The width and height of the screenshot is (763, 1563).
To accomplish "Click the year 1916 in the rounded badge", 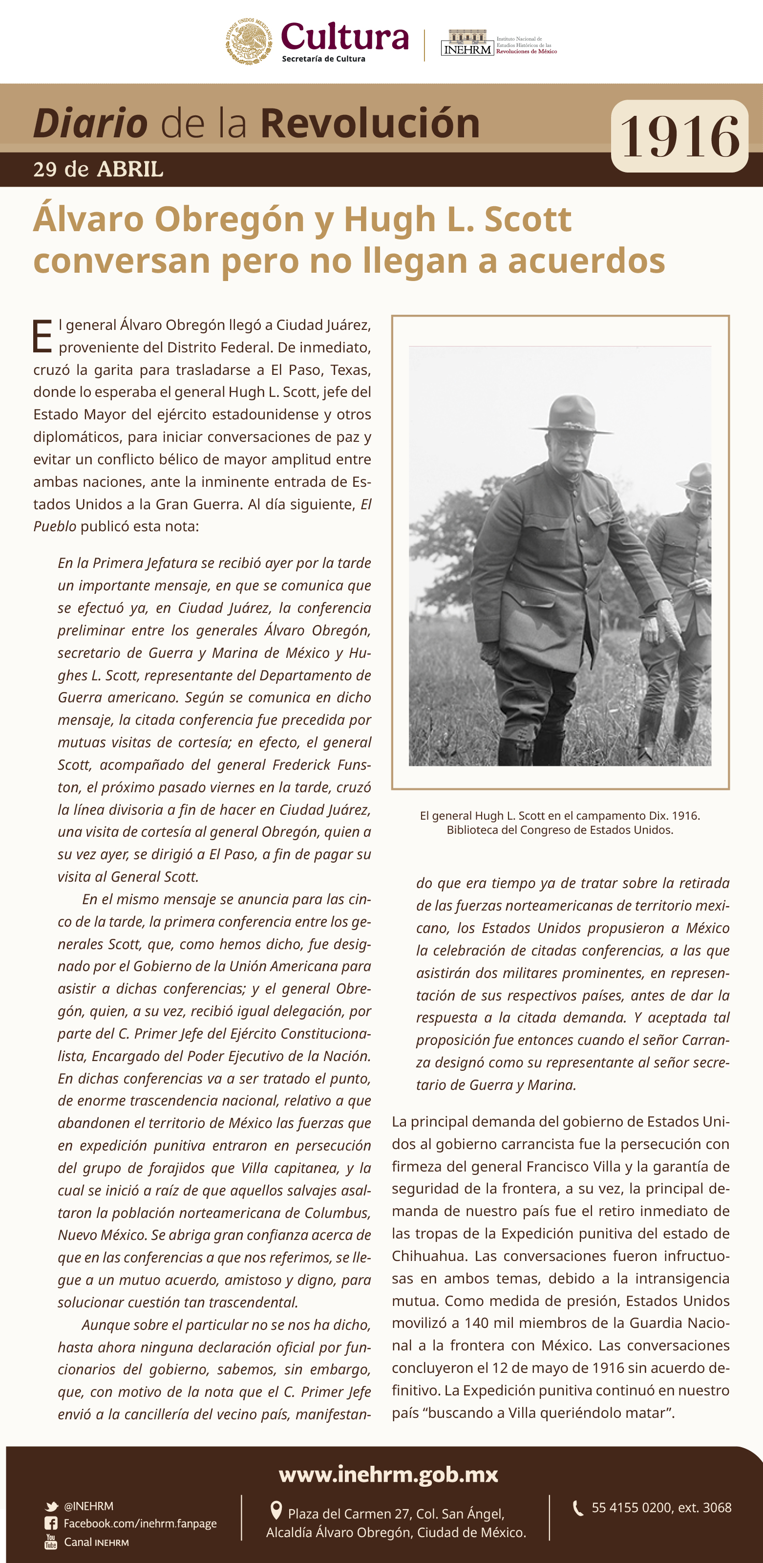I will click(x=679, y=136).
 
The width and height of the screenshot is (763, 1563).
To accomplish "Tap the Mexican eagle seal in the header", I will click(x=249, y=41).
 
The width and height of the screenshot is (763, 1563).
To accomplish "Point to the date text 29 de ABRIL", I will click(x=98, y=169).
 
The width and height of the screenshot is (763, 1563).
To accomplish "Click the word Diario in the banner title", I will click(x=90, y=123).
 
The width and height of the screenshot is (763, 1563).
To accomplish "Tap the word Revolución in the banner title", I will click(x=370, y=123).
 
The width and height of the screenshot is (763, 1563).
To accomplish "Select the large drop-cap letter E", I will click(x=42, y=336).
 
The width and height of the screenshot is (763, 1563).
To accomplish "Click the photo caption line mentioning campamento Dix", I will click(x=559, y=816).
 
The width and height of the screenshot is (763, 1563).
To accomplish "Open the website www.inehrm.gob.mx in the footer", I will click(x=388, y=1475).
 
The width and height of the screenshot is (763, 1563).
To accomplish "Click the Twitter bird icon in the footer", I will click(x=52, y=1507).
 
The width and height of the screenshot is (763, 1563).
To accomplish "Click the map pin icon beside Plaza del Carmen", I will click(x=276, y=1509).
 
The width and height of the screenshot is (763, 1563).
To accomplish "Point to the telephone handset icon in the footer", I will click(x=578, y=1508).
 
